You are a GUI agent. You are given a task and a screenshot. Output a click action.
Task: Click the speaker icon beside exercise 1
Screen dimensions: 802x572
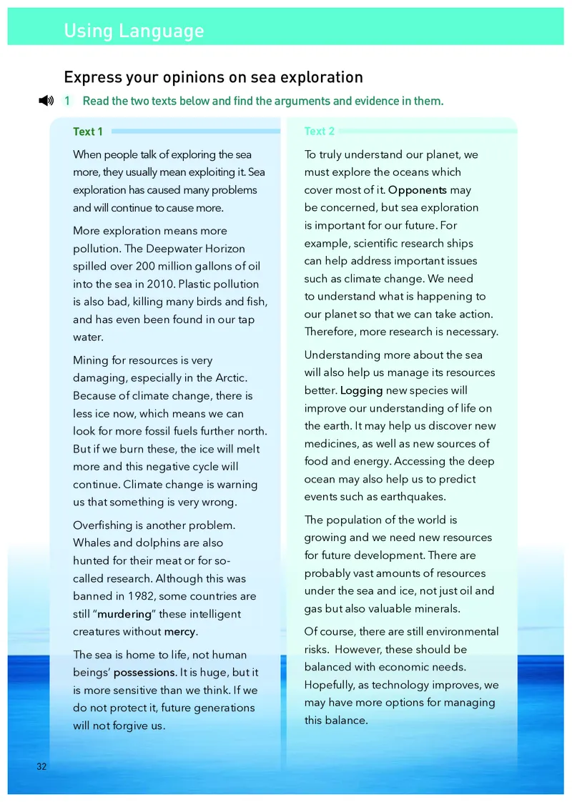(46, 101)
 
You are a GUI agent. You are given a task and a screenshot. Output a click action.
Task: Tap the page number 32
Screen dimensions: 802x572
(41, 766)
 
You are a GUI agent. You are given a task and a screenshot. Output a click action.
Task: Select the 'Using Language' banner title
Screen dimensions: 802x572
(134, 31)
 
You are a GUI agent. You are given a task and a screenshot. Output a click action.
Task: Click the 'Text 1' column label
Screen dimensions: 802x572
(88, 132)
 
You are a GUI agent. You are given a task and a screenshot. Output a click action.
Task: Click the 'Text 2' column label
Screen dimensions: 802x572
(319, 132)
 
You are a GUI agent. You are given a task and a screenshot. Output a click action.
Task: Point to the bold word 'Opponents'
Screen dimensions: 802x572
(418, 190)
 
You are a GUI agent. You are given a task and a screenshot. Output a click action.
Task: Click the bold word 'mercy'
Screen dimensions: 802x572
(179, 632)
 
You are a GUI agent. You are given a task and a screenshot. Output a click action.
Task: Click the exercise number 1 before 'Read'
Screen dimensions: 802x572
(67, 101)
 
